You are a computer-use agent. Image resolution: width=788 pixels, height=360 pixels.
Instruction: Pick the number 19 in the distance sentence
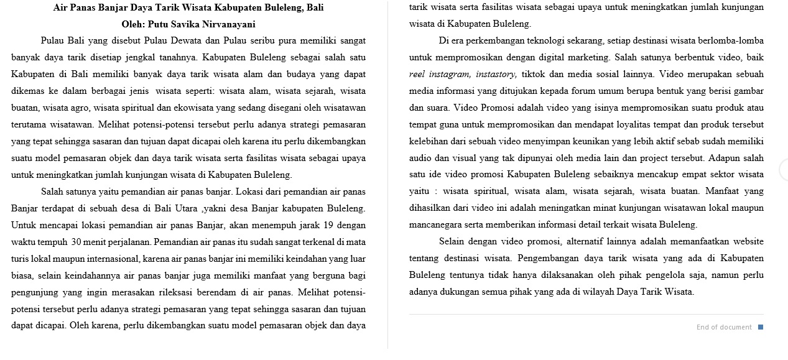(x=330, y=224)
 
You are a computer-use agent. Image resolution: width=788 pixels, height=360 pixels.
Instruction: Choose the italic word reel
(x=417, y=74)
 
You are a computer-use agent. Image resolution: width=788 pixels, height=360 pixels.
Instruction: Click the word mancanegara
(x=437, y=224)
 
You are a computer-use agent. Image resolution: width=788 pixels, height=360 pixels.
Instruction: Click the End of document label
(x=723, y=327)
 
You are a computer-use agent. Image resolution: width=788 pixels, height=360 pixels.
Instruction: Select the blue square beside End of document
(x=761, y=327)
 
